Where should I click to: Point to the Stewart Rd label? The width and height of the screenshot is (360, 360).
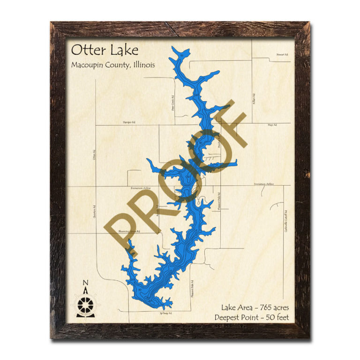(x=282, y=55)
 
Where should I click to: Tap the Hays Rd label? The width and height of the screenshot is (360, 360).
(x=272, y=125)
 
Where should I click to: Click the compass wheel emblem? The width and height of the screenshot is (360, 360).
(x=85, y=304)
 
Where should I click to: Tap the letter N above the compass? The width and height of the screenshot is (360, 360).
(x=85, y=283)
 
